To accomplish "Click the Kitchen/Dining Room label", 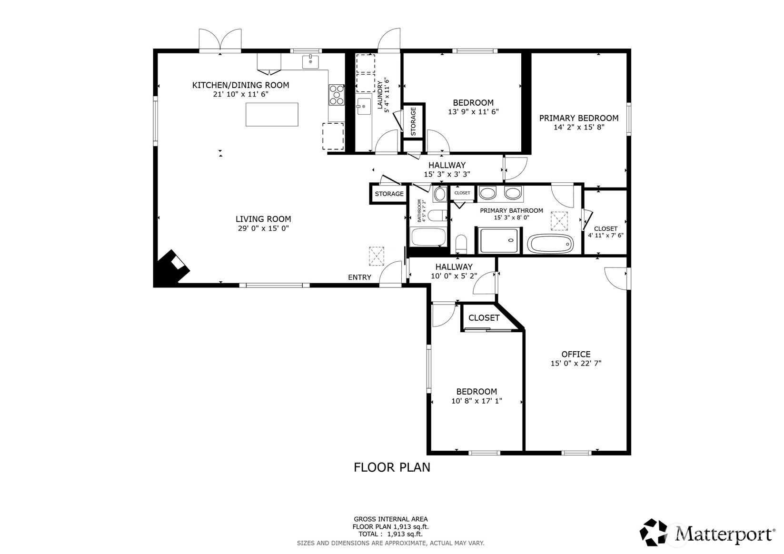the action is point(240,85).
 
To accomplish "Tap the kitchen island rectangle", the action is point(272,114).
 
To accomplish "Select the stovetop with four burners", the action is point(337,95).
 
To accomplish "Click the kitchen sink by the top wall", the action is point(310,61).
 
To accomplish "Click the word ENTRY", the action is point(359,277).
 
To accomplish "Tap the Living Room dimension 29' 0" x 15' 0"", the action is point(263,228).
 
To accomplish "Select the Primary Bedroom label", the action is point(578,119).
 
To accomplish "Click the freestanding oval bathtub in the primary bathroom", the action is point(550,244).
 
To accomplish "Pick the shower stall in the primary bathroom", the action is point(499,240).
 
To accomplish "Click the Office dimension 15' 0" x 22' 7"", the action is point(576,363).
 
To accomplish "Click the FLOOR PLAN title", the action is point(392,467).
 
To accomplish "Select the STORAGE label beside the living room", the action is point(389,194).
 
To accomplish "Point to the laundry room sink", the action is point(364,107).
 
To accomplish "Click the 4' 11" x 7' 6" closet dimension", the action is point(605,236).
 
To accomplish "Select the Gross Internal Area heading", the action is point(391,519).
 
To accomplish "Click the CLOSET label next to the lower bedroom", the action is point(484,318).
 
